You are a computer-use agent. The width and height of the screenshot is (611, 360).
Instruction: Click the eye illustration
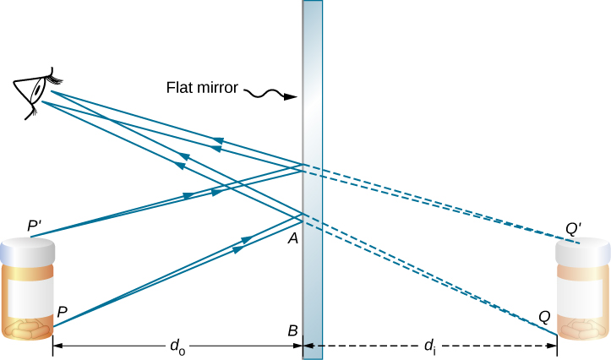32,91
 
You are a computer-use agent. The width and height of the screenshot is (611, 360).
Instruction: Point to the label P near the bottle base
63,311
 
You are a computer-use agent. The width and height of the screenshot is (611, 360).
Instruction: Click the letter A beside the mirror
292,239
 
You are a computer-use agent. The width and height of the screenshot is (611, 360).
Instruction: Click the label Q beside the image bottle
545,317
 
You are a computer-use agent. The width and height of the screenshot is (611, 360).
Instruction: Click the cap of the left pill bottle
27,250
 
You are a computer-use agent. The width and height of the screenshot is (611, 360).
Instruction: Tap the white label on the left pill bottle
31,292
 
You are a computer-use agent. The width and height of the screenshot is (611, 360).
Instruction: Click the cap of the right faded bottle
582,250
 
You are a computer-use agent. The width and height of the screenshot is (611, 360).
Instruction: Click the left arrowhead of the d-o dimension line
57,346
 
